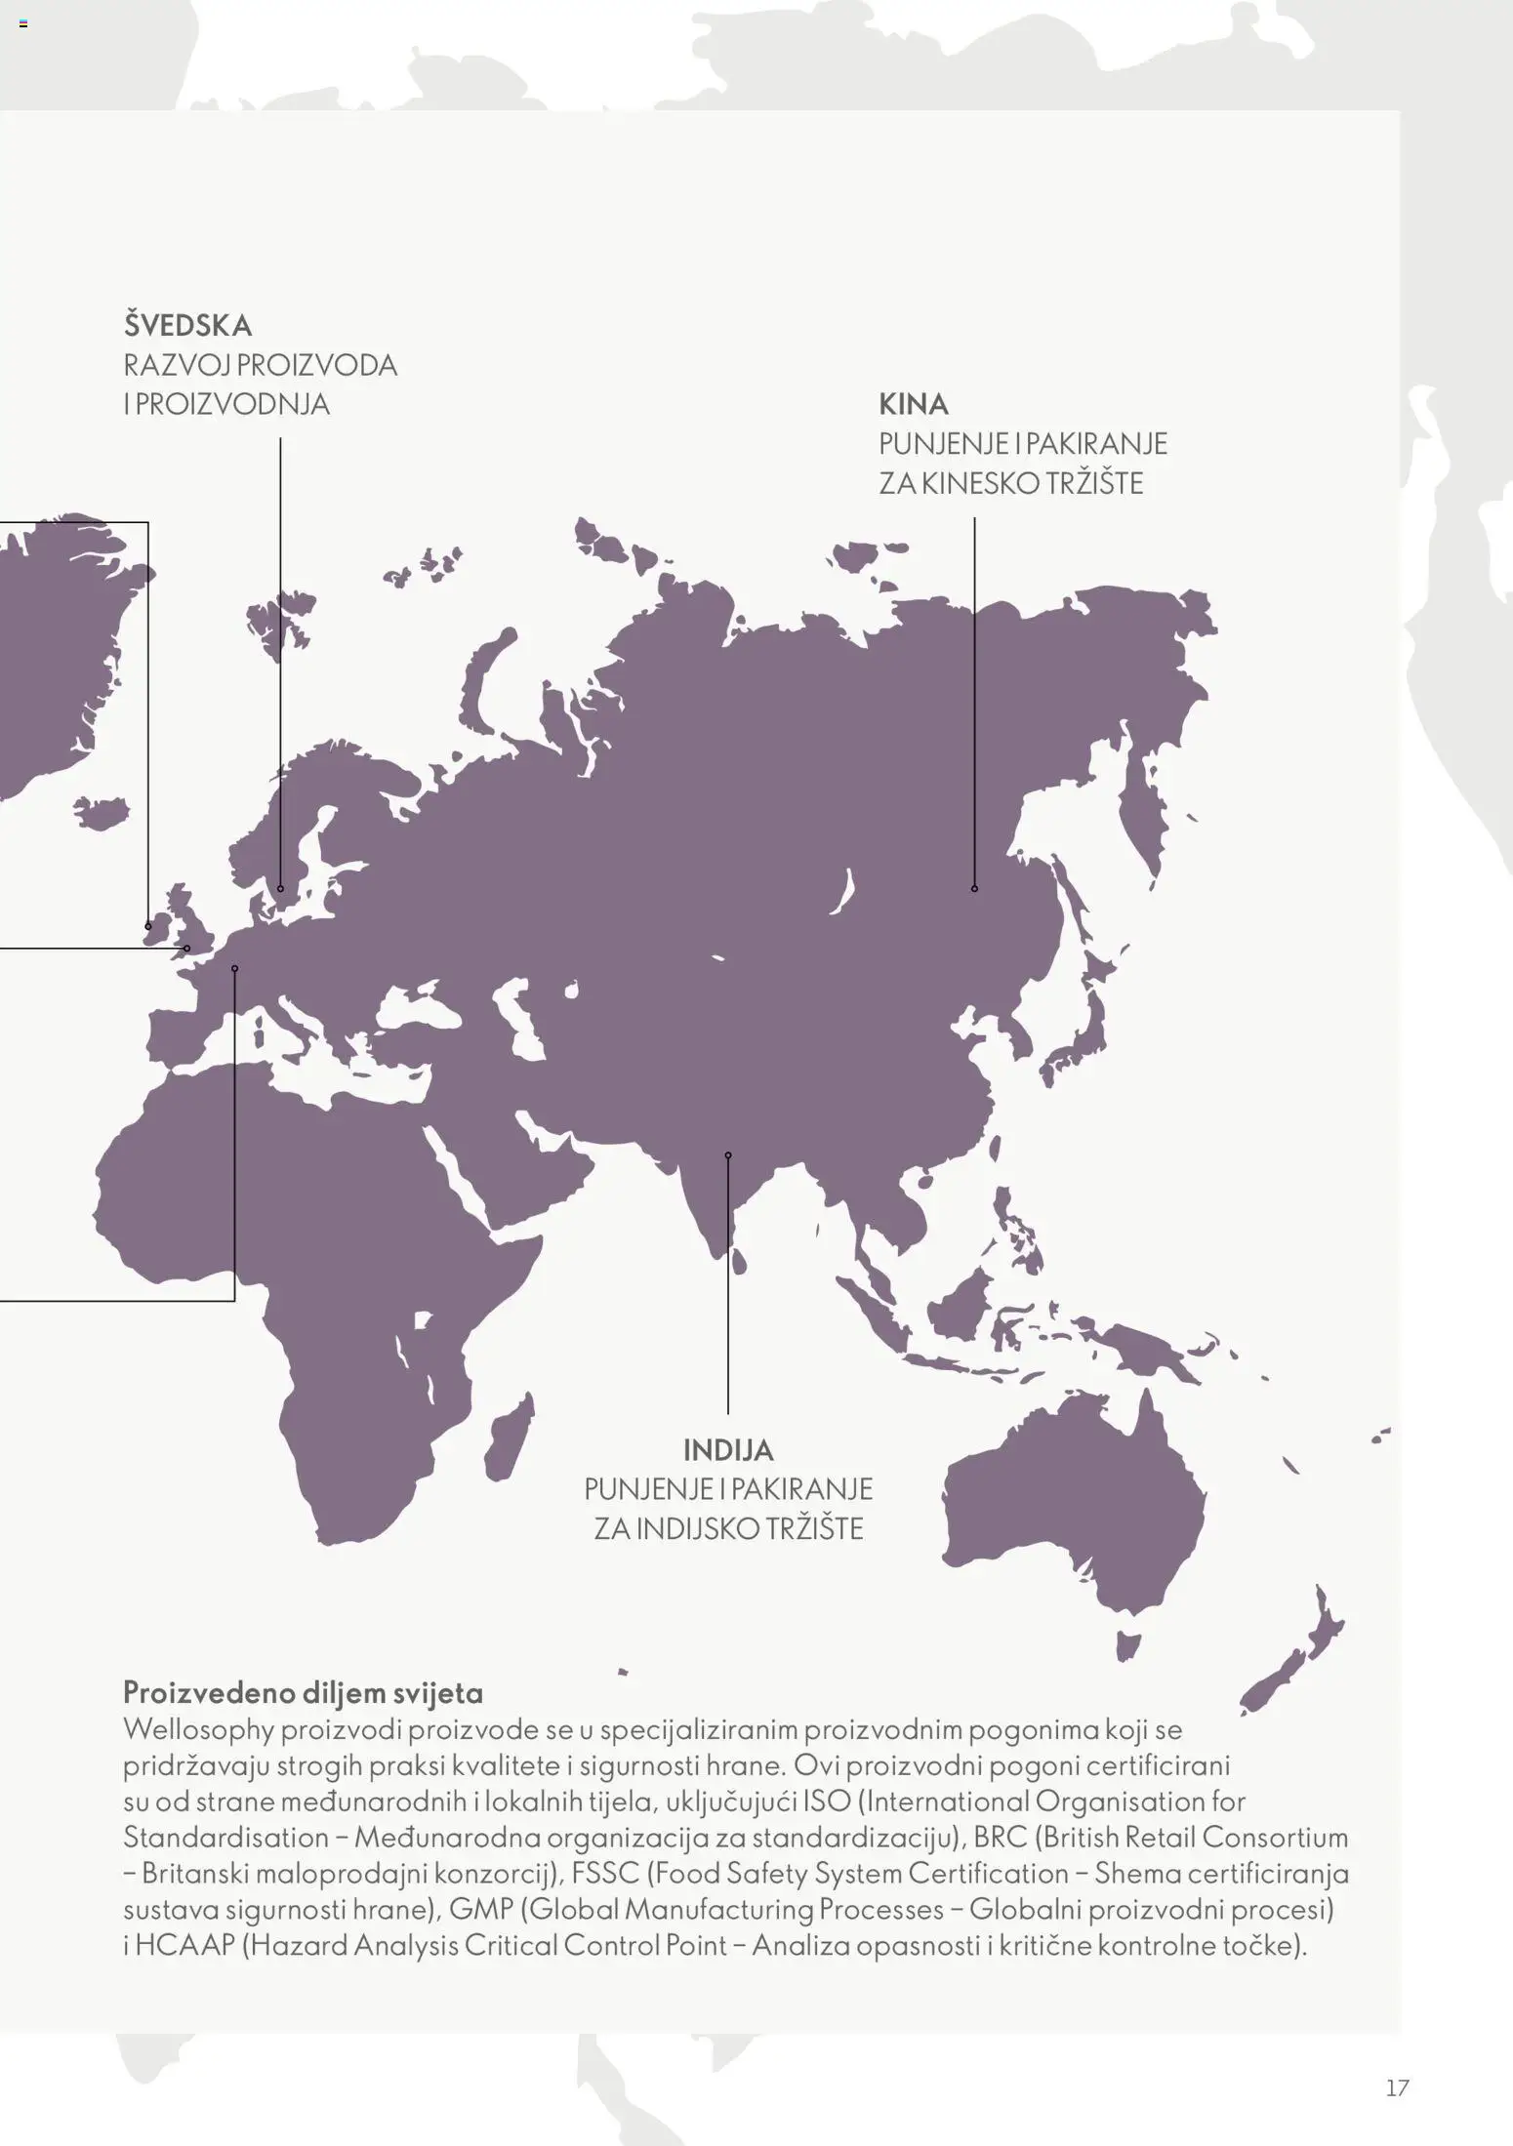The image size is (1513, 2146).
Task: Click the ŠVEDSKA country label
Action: coord(187,325)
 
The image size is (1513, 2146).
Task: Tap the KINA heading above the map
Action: coord(913,404)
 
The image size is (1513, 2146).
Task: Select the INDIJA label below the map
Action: coord(728,1450)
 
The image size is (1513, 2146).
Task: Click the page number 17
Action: coord(1397,2087)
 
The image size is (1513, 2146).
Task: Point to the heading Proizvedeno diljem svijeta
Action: coord(303,1692)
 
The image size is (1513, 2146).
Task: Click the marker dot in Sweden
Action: coord(280,889)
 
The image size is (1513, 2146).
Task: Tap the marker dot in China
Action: coord(974,889)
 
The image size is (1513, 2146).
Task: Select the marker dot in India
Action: coord(728,1155)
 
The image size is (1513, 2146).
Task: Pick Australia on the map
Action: coord(1074,1513)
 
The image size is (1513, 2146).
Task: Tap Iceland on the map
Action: coord(102,812)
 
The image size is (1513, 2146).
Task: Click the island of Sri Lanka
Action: coord(739,1262)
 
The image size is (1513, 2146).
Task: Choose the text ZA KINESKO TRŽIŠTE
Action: coord(1010,484)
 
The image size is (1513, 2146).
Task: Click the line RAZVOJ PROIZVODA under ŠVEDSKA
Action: coord(260,365)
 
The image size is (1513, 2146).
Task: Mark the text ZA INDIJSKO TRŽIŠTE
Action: coord(728,1528)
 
